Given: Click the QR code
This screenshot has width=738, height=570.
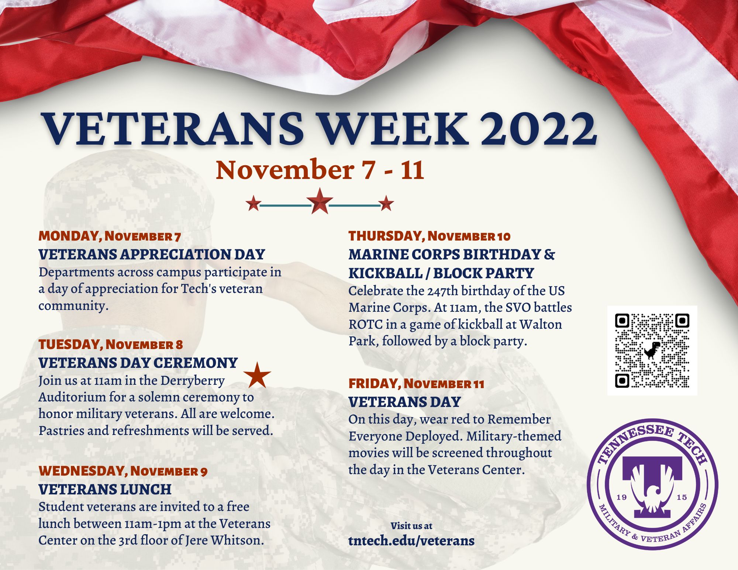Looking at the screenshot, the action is click(x=652, y=350).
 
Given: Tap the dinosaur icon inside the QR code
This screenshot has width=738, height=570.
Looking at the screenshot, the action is click(x=652, y=350).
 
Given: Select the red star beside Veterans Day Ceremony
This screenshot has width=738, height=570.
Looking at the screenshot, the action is click(x=257, y=375).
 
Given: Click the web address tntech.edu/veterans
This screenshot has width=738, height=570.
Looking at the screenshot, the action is click(x=411, y=540).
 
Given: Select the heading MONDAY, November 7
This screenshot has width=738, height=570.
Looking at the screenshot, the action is click(x=110, y=236).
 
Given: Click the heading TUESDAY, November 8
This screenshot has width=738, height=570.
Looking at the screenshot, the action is click(x=111, y=345).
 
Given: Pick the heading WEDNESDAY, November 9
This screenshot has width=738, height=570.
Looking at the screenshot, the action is click(x=123, y=471).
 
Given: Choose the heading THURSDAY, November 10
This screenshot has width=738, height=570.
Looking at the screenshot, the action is click(x=430, y=236).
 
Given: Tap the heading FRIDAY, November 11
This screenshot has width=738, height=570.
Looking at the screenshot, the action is click(x=416, y=384).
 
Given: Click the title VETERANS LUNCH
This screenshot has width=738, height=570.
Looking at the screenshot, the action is click(x=105, y=490).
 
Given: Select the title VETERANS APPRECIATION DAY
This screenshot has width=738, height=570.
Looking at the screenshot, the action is click(x=152, y=255).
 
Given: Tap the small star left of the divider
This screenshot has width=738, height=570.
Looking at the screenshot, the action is click(x=254, y=203).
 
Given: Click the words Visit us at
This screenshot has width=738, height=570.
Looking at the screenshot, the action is click(x=411, y=526).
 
